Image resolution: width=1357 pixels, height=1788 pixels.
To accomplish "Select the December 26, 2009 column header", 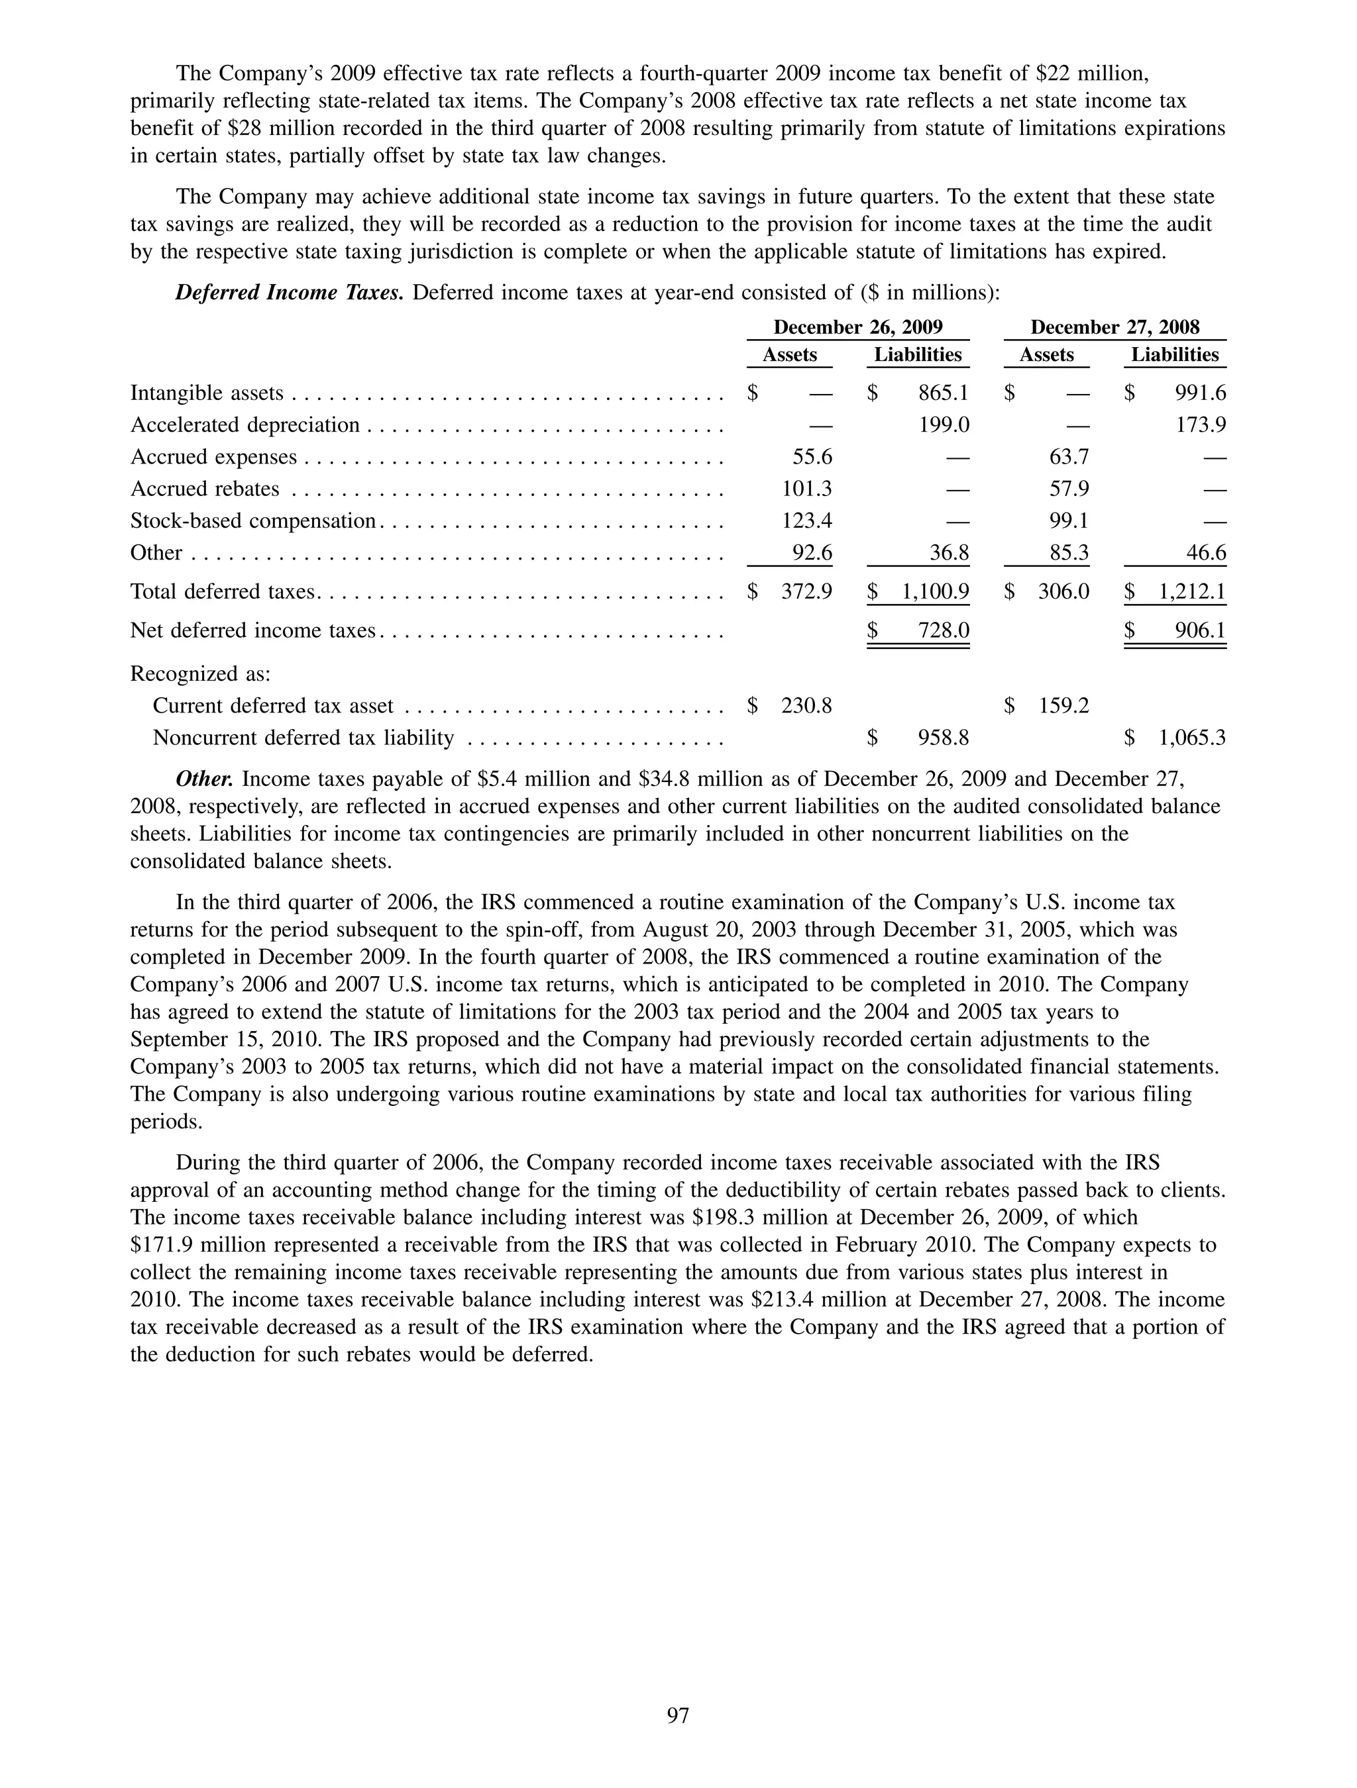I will point(858,327).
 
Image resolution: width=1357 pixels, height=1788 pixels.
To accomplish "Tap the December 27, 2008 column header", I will point(1114,327).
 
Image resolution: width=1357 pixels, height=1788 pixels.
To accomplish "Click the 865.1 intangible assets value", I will point(943,393).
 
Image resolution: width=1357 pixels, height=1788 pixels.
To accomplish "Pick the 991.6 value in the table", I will point(1200,393).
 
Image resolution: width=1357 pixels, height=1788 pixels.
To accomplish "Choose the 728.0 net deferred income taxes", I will point(943,630).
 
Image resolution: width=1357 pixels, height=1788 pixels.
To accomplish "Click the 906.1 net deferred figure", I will point(1200,630).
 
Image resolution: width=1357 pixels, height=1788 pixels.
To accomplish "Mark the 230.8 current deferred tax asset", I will point(806,707).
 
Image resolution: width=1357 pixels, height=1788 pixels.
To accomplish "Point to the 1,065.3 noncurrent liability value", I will point(1192,738).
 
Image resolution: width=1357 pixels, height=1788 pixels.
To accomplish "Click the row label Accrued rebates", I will point(205,489).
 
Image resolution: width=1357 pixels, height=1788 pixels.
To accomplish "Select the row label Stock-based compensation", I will point(253,521).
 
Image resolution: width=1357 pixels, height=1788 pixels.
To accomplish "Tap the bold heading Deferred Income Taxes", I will point(289,293).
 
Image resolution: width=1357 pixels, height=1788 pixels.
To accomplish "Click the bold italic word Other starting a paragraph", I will point(205,779).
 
